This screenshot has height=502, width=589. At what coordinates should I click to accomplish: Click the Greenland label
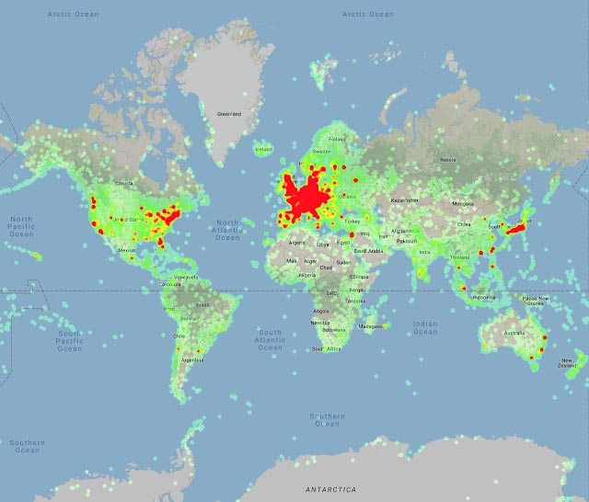coord(228,114)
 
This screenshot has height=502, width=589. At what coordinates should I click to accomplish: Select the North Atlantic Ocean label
coord(227,230)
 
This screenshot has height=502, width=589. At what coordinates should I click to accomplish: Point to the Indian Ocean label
coord(425,327)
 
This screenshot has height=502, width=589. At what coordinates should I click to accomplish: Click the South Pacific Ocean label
coord(69,341)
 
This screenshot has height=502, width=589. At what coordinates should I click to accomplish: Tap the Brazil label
coord(203,304)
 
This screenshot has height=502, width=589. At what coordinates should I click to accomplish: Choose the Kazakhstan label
coord(405,200)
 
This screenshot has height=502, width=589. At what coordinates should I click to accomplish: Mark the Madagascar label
coord(371,326)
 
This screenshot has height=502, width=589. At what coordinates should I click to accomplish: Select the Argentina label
coord(192,359)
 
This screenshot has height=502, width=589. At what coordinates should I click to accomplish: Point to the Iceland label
coord(263,149)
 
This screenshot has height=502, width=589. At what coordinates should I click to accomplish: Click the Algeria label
coord(297,243)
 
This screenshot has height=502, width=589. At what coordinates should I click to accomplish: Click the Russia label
coord(448,159)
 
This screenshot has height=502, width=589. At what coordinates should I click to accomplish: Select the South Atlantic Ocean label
coord(271,339)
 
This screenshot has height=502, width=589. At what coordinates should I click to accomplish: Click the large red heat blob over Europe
coord(308,196)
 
